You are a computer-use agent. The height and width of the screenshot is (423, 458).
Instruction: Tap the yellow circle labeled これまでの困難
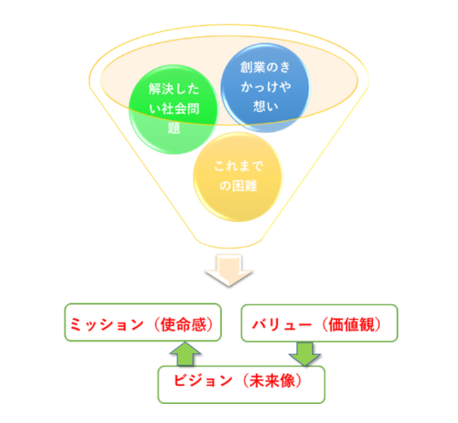point(238,176)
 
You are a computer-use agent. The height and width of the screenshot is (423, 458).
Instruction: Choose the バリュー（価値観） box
point(319,324)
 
